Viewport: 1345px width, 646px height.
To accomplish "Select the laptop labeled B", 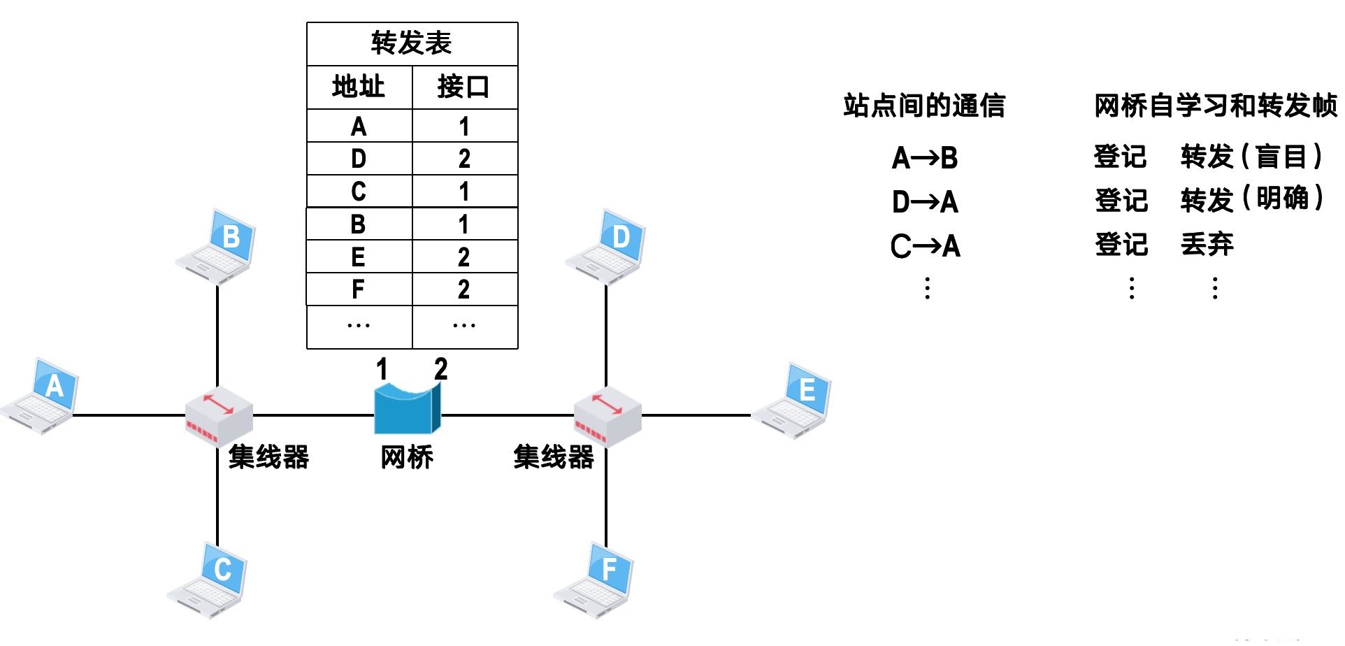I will [217, 245].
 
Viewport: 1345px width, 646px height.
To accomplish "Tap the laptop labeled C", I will [208, 580].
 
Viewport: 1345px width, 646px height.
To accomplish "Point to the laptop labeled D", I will [606, 246].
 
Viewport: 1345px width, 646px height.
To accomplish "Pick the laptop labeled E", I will [793, 400].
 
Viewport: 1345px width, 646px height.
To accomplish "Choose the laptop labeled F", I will [595, 580].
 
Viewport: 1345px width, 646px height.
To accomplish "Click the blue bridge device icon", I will [407, 410].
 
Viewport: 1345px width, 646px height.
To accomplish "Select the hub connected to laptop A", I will [218, 416].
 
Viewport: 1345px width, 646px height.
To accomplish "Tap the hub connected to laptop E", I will [607, 416].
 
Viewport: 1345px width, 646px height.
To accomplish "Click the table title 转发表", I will [412, 43].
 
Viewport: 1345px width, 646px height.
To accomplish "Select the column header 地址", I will [359, 87].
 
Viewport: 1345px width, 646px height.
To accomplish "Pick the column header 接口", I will [463, 87].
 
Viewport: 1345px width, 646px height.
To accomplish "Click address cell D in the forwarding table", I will [359, 159].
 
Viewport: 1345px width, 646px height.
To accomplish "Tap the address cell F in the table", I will [359, 289].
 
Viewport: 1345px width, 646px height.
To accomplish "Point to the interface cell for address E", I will [464, 257].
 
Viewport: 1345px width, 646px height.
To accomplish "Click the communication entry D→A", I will [925, 202].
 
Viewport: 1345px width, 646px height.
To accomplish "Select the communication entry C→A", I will [925, 246].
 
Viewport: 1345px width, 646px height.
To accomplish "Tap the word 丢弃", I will [1207, 244].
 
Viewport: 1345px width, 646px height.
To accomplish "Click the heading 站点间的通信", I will [924, 106].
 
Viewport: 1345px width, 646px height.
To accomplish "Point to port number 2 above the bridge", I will [440, 369].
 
